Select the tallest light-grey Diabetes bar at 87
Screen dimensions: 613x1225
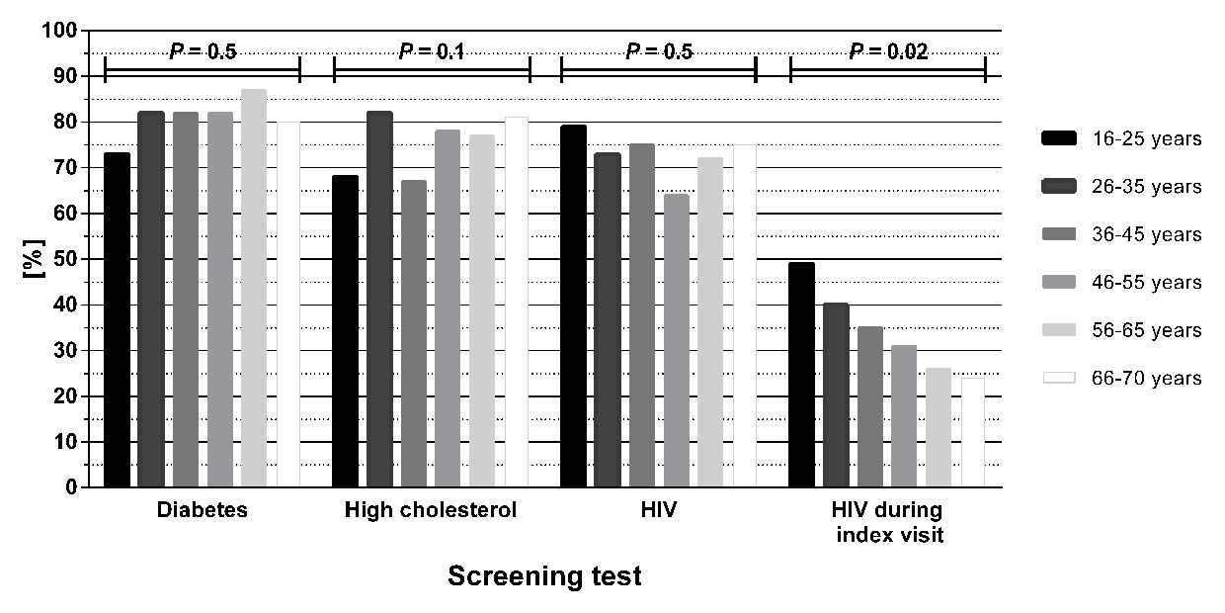(x=254, y=288)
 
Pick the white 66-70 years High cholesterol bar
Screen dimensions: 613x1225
(x=516, y=302)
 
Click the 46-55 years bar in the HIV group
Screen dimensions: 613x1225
(x=676, y=340)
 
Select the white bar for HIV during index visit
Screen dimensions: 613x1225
(x=973, y=432)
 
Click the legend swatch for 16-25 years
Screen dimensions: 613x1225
(x=1058, y=139)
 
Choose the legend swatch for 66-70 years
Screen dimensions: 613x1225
(x=1058, y=379)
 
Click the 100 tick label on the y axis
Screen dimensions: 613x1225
(x=60, y=31)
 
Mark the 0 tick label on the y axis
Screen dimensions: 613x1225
(x=71, y=487)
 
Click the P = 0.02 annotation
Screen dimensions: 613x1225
(x=887, y=52)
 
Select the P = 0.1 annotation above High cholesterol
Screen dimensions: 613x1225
(x=432, y=52)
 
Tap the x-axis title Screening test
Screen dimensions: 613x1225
(x=544, y=576)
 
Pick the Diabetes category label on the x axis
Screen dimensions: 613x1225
(x=202, y=511)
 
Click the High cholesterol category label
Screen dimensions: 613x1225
(x=431, y=511)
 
